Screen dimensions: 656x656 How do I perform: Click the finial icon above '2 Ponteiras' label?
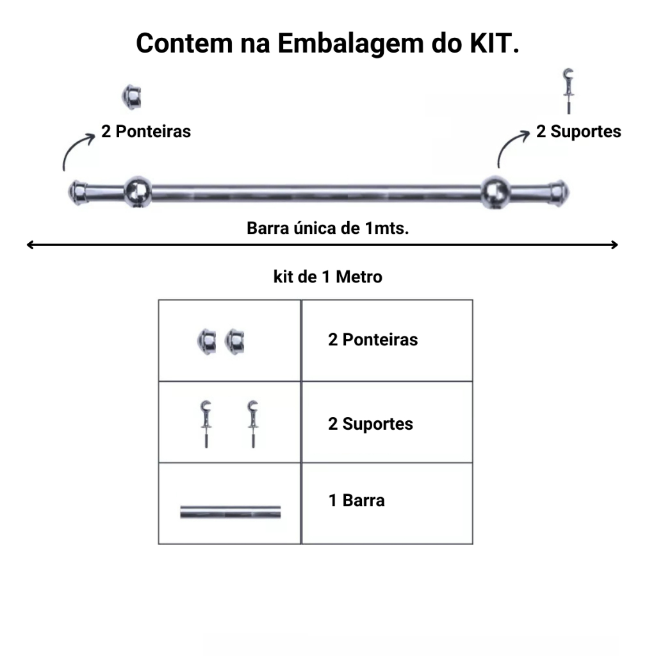132,97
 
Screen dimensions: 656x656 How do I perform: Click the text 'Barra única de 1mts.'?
327,228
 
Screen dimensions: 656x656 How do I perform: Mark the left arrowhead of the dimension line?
29,245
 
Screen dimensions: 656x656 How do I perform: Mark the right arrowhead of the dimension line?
614,245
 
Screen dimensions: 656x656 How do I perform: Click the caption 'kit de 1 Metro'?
327,277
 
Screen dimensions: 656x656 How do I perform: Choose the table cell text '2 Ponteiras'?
373,340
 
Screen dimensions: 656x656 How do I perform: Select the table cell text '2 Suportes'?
370,423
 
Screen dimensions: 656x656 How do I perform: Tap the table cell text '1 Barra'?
356,500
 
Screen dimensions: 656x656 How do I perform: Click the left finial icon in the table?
207,341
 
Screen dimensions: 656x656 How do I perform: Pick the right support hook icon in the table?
253,423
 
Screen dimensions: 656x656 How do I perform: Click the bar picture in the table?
231,512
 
